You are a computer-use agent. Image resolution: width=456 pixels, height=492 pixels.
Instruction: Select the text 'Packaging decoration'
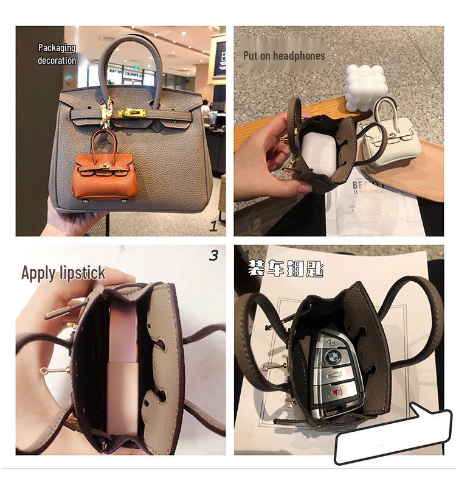(57, 54)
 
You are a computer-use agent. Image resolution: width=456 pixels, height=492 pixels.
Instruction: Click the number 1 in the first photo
(213, 227)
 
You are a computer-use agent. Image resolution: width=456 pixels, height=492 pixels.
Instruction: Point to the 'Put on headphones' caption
(284, 55)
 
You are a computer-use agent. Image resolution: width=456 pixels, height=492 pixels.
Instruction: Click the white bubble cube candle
(367, 87)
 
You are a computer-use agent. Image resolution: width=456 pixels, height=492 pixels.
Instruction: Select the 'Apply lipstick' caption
(63, 273)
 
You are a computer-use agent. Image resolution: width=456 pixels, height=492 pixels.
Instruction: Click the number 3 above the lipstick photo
(213, 256)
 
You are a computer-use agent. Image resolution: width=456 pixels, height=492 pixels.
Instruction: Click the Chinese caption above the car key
(285, 269)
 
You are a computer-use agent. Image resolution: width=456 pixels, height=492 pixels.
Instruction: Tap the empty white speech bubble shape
(393, 434)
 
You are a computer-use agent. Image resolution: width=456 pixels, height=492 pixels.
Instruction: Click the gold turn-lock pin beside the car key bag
(265, 368)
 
